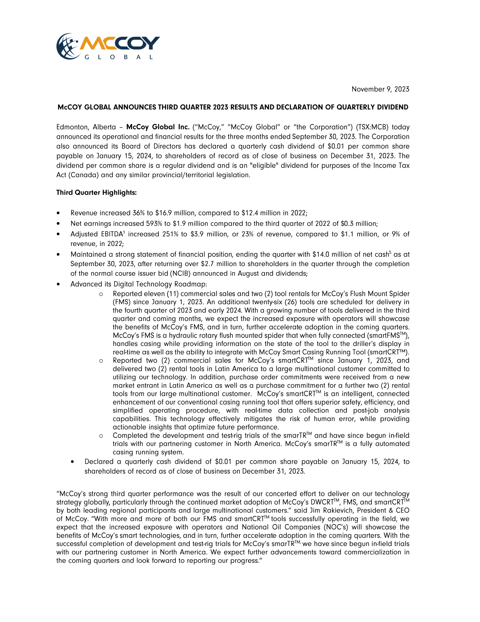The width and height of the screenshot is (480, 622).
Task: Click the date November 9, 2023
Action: click(380, 89)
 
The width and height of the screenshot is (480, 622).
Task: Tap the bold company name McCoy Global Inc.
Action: click(158, 127)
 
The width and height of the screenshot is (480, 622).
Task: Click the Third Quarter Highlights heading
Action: click(96, 193)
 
